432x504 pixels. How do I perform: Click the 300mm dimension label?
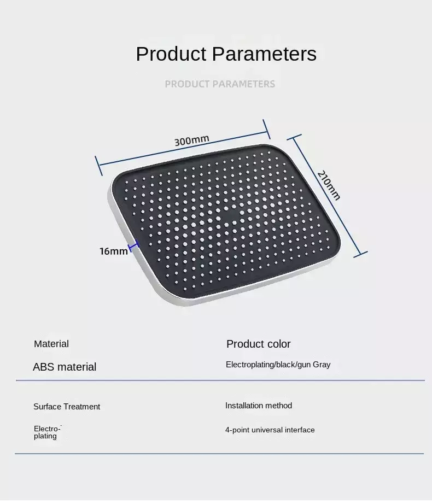191,140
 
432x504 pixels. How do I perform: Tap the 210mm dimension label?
329,185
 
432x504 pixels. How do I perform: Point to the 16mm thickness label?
113,251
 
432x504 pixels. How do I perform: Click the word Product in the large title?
171,54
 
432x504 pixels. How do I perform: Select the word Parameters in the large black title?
264,54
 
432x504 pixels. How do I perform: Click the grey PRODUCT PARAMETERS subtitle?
220,84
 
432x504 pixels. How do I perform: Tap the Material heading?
51,344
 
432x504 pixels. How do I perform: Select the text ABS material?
65,367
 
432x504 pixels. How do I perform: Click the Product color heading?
259,344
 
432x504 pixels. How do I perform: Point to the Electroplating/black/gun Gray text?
278,365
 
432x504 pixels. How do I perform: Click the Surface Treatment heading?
67,407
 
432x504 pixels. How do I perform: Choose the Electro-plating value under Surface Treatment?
47,432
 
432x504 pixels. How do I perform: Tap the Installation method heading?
259,406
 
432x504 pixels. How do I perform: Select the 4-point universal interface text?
270,430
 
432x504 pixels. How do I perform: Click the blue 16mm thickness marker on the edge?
134,246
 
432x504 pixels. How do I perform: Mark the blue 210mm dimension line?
327,196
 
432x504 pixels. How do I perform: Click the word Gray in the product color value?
322,365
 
